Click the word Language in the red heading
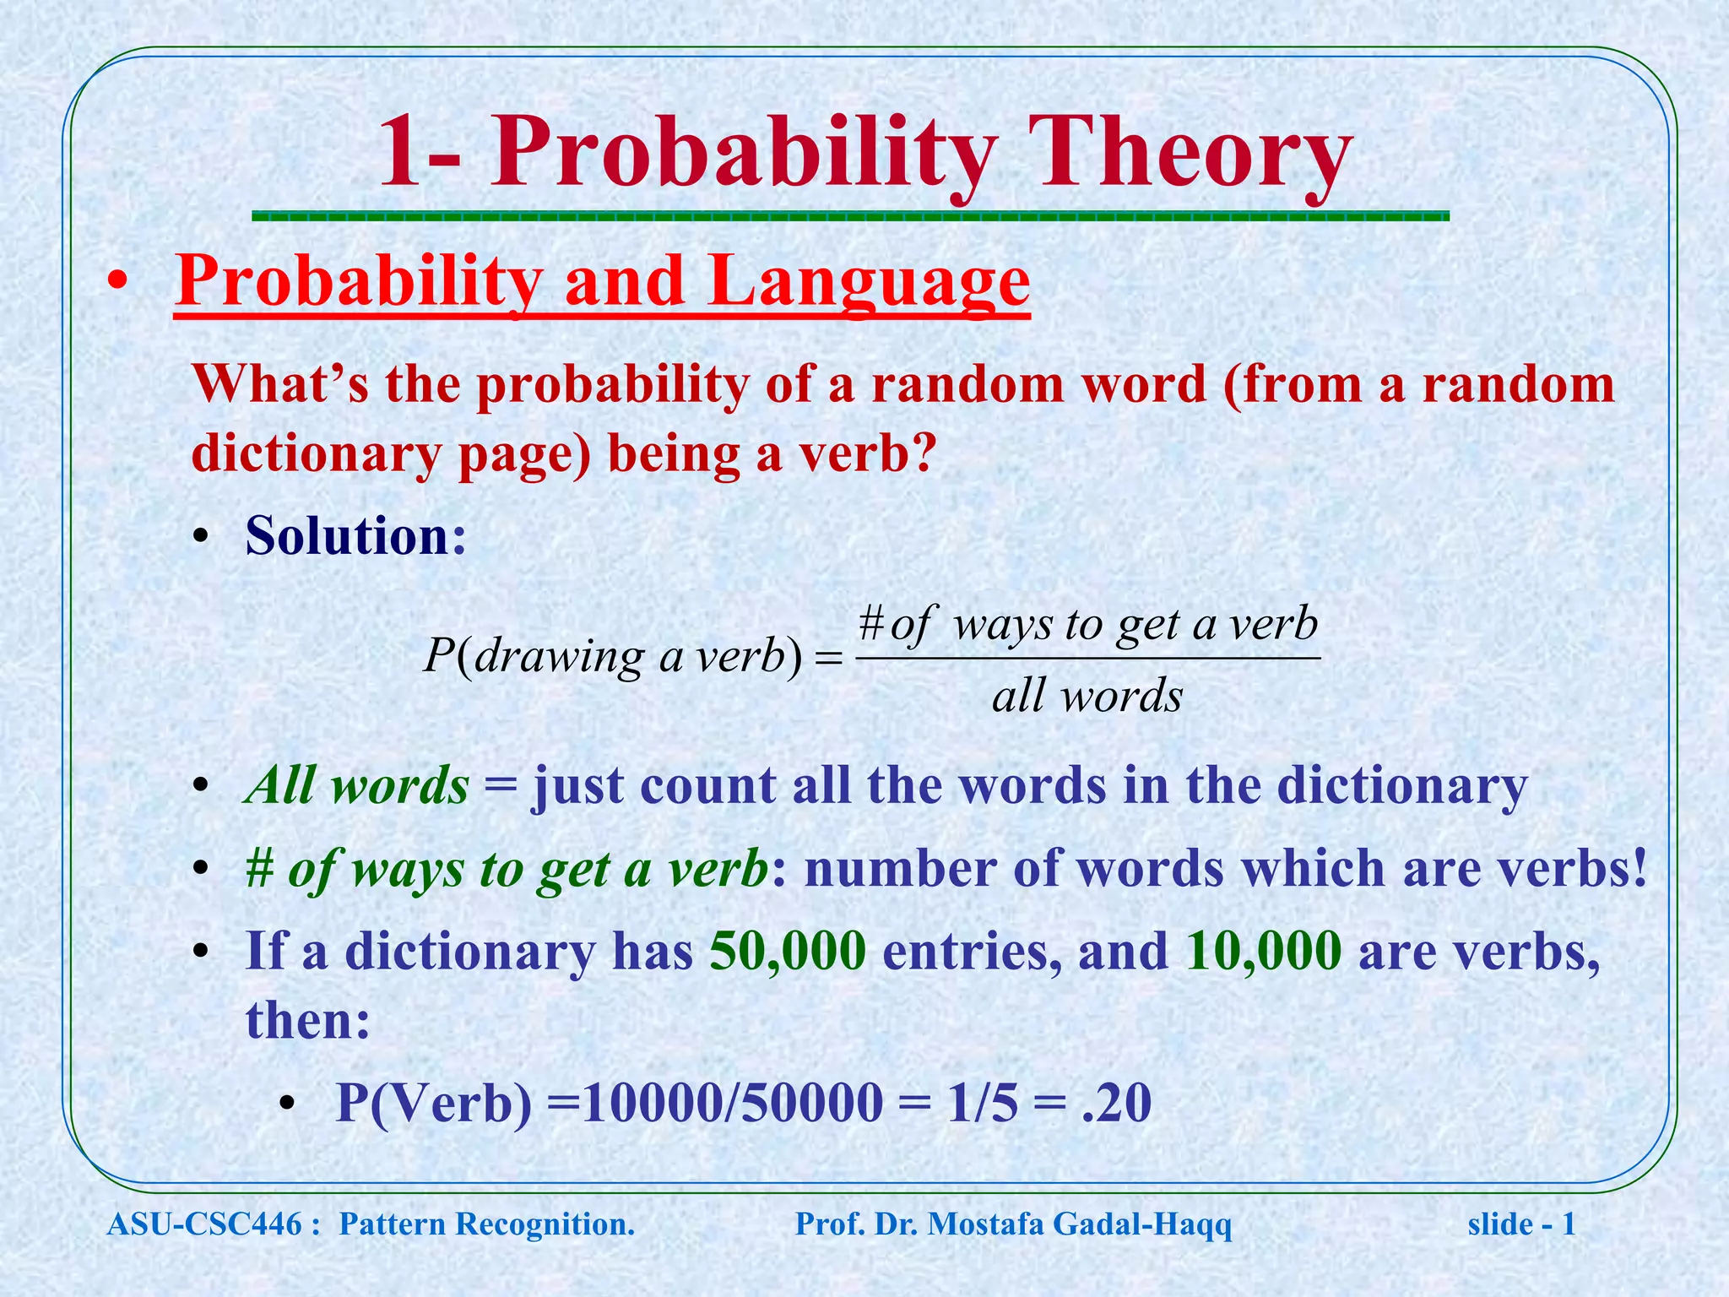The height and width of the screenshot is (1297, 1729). [869, 282]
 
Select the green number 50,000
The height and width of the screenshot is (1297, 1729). [788, 952]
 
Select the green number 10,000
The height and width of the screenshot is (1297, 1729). [1263, 952]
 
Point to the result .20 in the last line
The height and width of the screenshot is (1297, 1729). [1116, 1103]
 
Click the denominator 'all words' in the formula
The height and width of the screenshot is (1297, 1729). [1087, 697]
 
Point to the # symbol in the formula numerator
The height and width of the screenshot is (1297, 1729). [871, 625]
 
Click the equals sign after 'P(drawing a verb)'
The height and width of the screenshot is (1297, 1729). [830, 659]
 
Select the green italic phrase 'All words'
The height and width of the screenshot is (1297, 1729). [356, 785]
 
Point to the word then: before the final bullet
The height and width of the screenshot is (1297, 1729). [307, 1020]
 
